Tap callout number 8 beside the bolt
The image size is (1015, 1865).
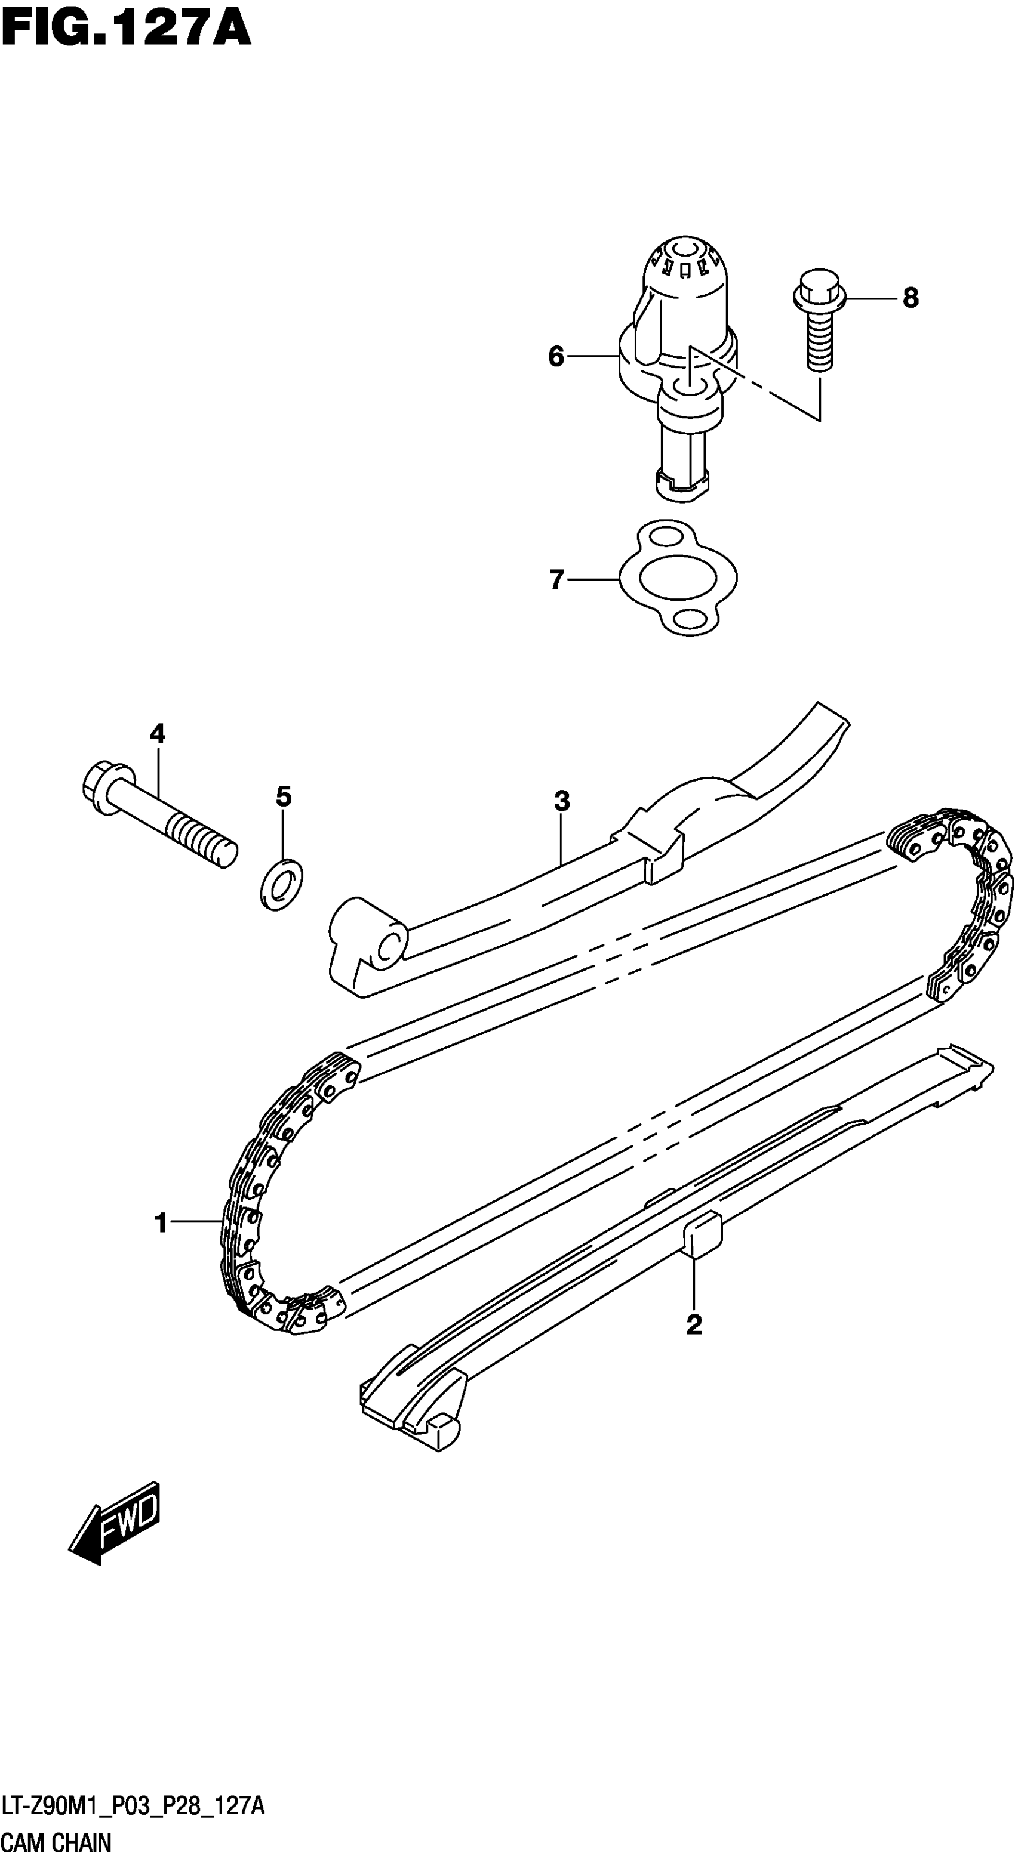pos(910,298)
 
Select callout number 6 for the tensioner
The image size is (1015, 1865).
pos(556,356)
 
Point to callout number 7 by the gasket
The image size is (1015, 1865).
pos(556,580)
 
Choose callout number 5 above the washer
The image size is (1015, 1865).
pos(283,796)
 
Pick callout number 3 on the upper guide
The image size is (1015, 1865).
pos(561,801)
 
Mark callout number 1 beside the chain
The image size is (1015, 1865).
pos(161,1223)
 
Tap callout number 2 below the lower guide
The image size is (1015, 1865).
pos(693,1324)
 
